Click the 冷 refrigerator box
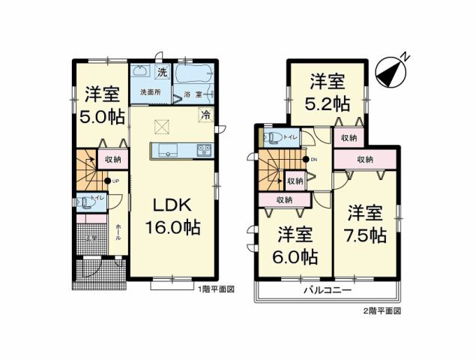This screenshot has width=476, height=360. coord(205,115)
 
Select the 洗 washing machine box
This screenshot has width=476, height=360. coord(162,73)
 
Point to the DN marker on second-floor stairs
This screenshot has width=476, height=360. coord(313,160)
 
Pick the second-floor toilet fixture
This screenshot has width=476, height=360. coord(273,137)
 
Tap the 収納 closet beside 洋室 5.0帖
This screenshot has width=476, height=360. coord(112,160)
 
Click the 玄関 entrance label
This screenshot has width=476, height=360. coord(90,238)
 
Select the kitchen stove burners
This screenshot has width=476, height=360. coord(205,150)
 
